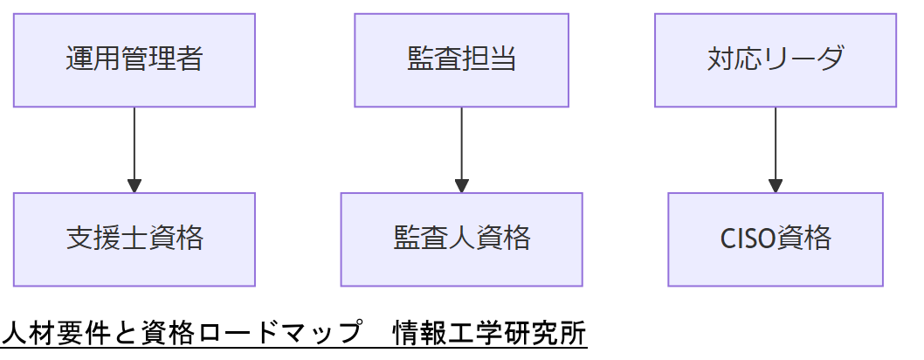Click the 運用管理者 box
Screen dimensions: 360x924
(x=134, y=59)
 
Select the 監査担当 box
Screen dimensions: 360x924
(x=461, y=59)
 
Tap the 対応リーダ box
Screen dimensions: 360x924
(x=776, y=59)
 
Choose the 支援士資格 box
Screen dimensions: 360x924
(x=134, y=239)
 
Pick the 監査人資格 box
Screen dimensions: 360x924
(x=461, y=239)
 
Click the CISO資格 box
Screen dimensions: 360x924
(x=776, y=239)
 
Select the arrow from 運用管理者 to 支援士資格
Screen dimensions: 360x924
(x=134, y=144)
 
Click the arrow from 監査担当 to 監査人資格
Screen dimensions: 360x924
(x=461, y=144)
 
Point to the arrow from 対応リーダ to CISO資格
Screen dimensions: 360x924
(x=776, y=144)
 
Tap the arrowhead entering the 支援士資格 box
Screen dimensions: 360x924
(x=134, y=186)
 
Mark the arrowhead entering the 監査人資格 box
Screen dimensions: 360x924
(x=461, y=186)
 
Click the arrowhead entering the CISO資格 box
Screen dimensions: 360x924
(x=776, y=186)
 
